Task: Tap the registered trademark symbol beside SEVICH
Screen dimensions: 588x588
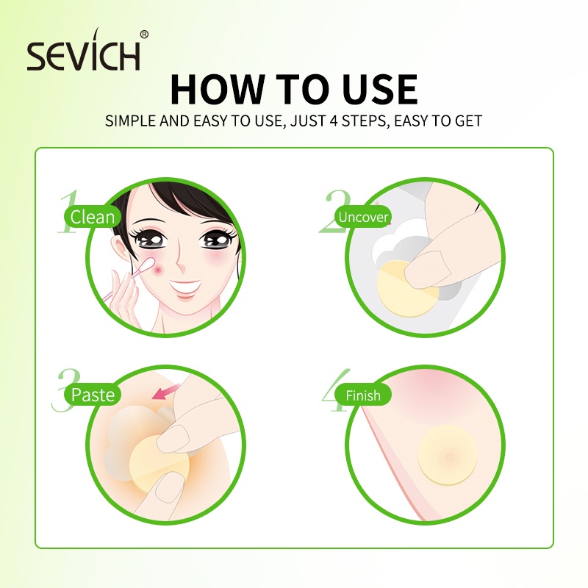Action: (x=144, y=35)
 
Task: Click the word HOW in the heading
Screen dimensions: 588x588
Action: (x=218, y=89)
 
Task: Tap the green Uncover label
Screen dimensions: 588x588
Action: (x=362, y=217)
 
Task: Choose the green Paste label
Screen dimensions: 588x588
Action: (x=93, y=395)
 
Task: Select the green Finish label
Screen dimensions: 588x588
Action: (x=362, y=395)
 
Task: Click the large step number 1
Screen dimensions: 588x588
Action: (x=68, y=212)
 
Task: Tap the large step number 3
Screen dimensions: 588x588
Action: (x=65, y=390)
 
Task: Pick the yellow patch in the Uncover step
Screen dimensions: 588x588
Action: (x=406, y=290)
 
